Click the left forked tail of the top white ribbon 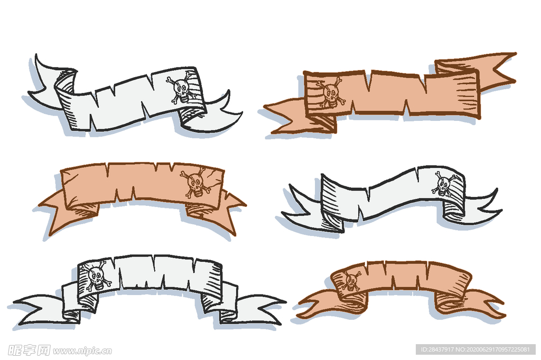pyautogui.click(x=48, y=83)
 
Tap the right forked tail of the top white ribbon pyautogui.click(x=212, y=114)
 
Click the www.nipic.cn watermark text pyautogui.click(x=82, y=350)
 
